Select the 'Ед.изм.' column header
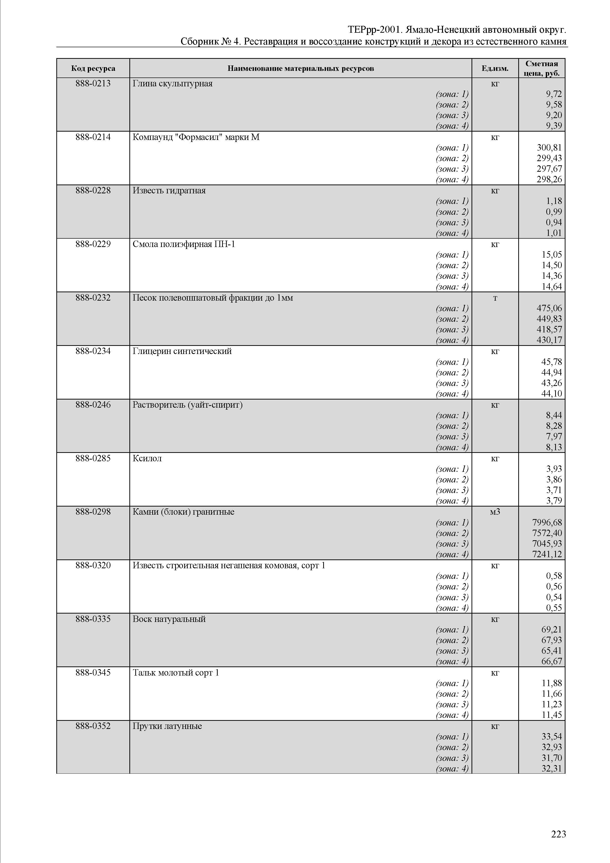495,68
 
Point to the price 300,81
549,148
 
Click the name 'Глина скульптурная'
172,83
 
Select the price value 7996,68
547,523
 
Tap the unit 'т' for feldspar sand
495,298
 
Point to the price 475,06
549,308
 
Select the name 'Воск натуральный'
169,619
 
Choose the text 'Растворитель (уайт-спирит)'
187,405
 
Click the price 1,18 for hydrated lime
554,201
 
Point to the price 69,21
551,630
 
